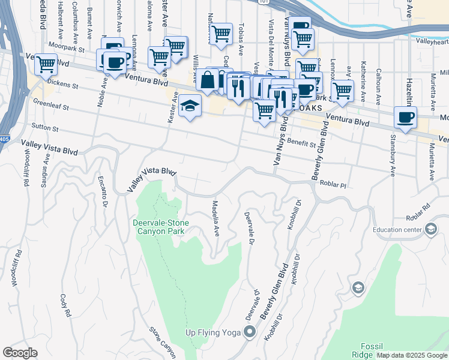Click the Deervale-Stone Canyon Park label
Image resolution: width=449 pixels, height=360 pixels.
[x=160, y=227]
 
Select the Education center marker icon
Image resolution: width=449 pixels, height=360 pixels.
[x=430, y=229]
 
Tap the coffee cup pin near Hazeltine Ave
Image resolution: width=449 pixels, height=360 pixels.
[x=405, y=117]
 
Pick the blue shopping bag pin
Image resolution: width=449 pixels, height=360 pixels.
[x=207, y=80]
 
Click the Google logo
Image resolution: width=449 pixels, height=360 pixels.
[x=20, y=353]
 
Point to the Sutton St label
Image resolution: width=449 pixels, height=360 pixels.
[x=46, y=128]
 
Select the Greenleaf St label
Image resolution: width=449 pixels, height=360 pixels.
[x=50, y=105]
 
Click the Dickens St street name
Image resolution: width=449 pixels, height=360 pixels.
[x=63, y=82]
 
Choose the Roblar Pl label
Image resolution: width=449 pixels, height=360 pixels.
[x=334, y=185]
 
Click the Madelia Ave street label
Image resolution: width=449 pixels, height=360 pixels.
[x=215, y=218]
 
